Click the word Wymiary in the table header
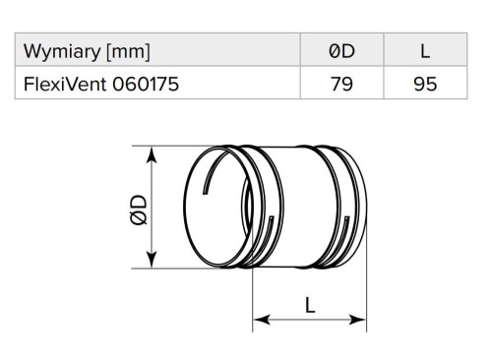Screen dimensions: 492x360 (x=62, y=52)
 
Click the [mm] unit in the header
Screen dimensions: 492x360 (x=129, y=52)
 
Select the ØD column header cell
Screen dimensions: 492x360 (x=341, y=50)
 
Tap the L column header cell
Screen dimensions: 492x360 (x=425, y=50)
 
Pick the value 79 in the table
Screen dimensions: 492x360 (x=341, y=84)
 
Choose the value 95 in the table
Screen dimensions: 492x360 (x=425, y=84)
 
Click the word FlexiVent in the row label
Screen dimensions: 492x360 (x=65, y=84)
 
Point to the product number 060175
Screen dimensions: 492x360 (x=146, y=84)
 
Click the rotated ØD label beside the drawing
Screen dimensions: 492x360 (x=139, y=210)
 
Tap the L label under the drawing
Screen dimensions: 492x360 (x=310, y=306)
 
